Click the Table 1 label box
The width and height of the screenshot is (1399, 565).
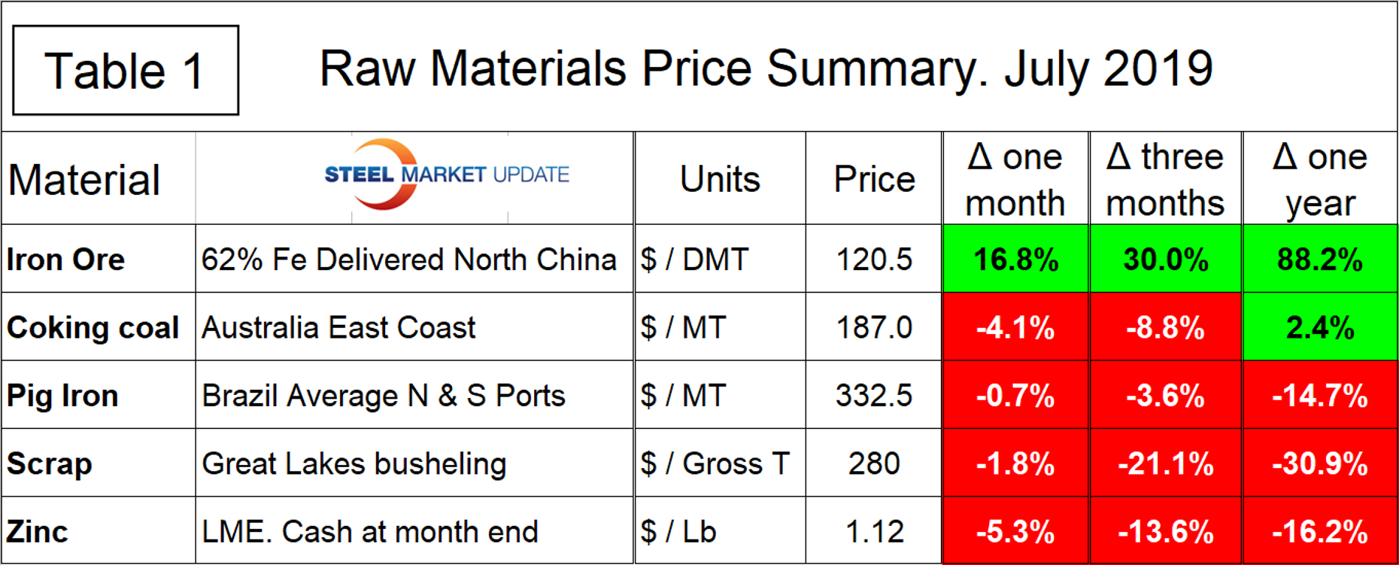[126, 71]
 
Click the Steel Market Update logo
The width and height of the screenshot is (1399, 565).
[446, 175]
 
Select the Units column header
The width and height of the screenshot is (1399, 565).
[720, 179]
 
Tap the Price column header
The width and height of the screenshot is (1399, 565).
[874, 179]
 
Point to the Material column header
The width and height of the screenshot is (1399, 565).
[84, 181]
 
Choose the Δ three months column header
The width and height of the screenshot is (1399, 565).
[1165, 179]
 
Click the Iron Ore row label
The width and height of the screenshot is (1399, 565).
[66, 260]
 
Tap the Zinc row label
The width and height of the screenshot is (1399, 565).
[38, 531]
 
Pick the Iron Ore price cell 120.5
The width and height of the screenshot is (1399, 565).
[874, 260]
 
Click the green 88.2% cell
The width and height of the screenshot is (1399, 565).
[1319, 260]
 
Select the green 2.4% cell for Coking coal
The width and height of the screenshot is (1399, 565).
[1319, 327]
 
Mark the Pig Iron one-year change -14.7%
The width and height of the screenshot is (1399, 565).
[1319, 396]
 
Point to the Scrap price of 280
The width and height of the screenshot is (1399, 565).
[874, 463]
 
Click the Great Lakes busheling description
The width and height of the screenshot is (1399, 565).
[354, 463]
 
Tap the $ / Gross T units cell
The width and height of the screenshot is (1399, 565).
[715, 463]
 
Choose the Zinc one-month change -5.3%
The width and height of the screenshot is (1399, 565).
[1015, 531]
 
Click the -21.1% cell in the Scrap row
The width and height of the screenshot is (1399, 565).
[1165, 463]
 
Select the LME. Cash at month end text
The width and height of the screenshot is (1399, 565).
[370, 531]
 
